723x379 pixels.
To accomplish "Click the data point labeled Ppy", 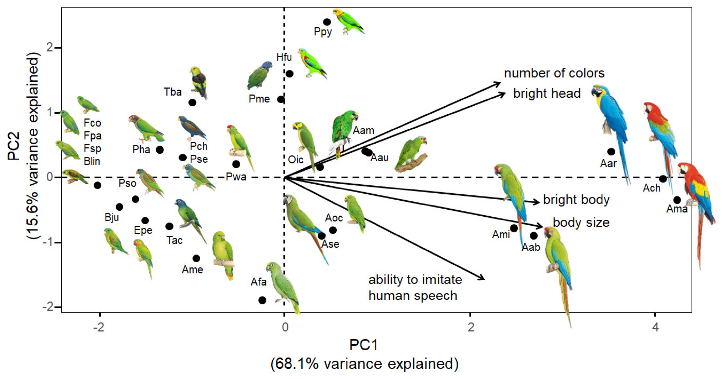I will [x=327, y=22].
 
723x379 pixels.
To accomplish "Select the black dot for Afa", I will [x=262, y=300].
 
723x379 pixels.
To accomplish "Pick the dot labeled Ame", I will [x=196, y=258].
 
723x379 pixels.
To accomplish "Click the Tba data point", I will [x=192, y=102].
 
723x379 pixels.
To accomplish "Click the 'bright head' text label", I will [x=547, y=94].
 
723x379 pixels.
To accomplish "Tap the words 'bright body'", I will [x=576, y=200].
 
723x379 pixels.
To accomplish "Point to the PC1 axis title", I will [x=363, y=345].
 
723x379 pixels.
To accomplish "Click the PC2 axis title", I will [x=14, y=146].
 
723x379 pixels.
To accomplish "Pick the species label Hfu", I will [x=284, y=57].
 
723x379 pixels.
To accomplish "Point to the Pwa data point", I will [x=236, y=164].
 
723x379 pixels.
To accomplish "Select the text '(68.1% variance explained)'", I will [x=364, y=364].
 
